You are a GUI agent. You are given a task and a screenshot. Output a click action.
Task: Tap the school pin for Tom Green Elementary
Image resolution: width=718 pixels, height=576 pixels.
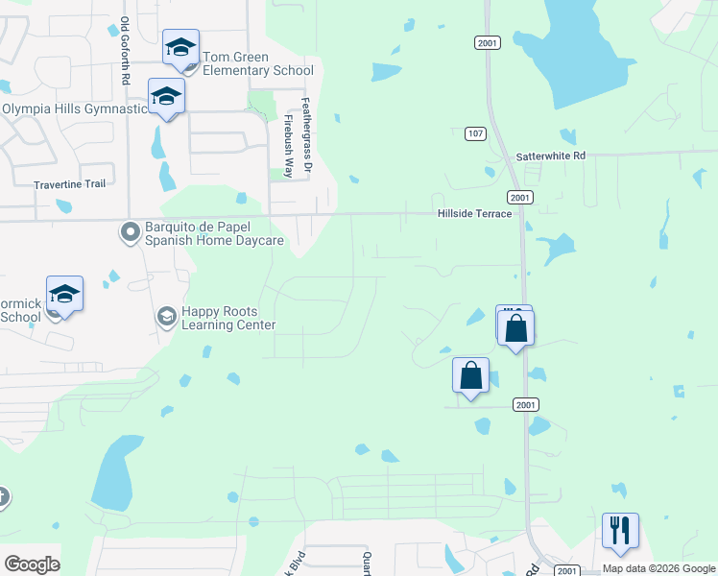tap(180, 48)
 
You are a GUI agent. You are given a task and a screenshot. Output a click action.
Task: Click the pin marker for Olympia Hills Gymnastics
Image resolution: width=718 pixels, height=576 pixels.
tap(166, 97)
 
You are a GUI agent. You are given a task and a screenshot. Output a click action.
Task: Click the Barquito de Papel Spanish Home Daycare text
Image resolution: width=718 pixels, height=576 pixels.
tap(214, 233)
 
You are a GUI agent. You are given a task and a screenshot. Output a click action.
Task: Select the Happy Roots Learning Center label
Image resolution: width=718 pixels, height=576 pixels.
tap(228, 318)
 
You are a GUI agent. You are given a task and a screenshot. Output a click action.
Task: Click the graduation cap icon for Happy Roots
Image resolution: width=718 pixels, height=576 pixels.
tap(166, 316)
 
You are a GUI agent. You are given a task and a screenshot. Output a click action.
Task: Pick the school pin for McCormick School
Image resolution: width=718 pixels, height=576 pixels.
tap(64, 294)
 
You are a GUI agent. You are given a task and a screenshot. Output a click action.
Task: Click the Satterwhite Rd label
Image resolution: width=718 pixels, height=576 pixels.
tap(550, 156)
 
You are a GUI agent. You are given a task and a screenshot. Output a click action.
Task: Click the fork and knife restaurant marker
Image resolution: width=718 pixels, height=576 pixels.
tap(620, 530)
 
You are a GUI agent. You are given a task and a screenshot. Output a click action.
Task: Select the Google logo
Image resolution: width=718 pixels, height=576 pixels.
tap(32, 564)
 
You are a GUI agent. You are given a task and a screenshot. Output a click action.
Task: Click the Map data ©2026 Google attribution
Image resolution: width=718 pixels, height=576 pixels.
tap(659, 568)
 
